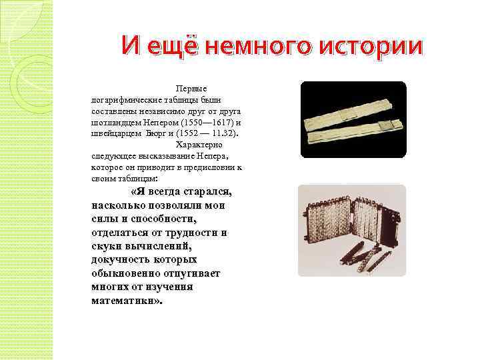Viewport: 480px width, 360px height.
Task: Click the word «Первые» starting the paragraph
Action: click(x=191, y=87)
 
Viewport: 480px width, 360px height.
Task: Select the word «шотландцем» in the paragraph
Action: click(x=113, y=123)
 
